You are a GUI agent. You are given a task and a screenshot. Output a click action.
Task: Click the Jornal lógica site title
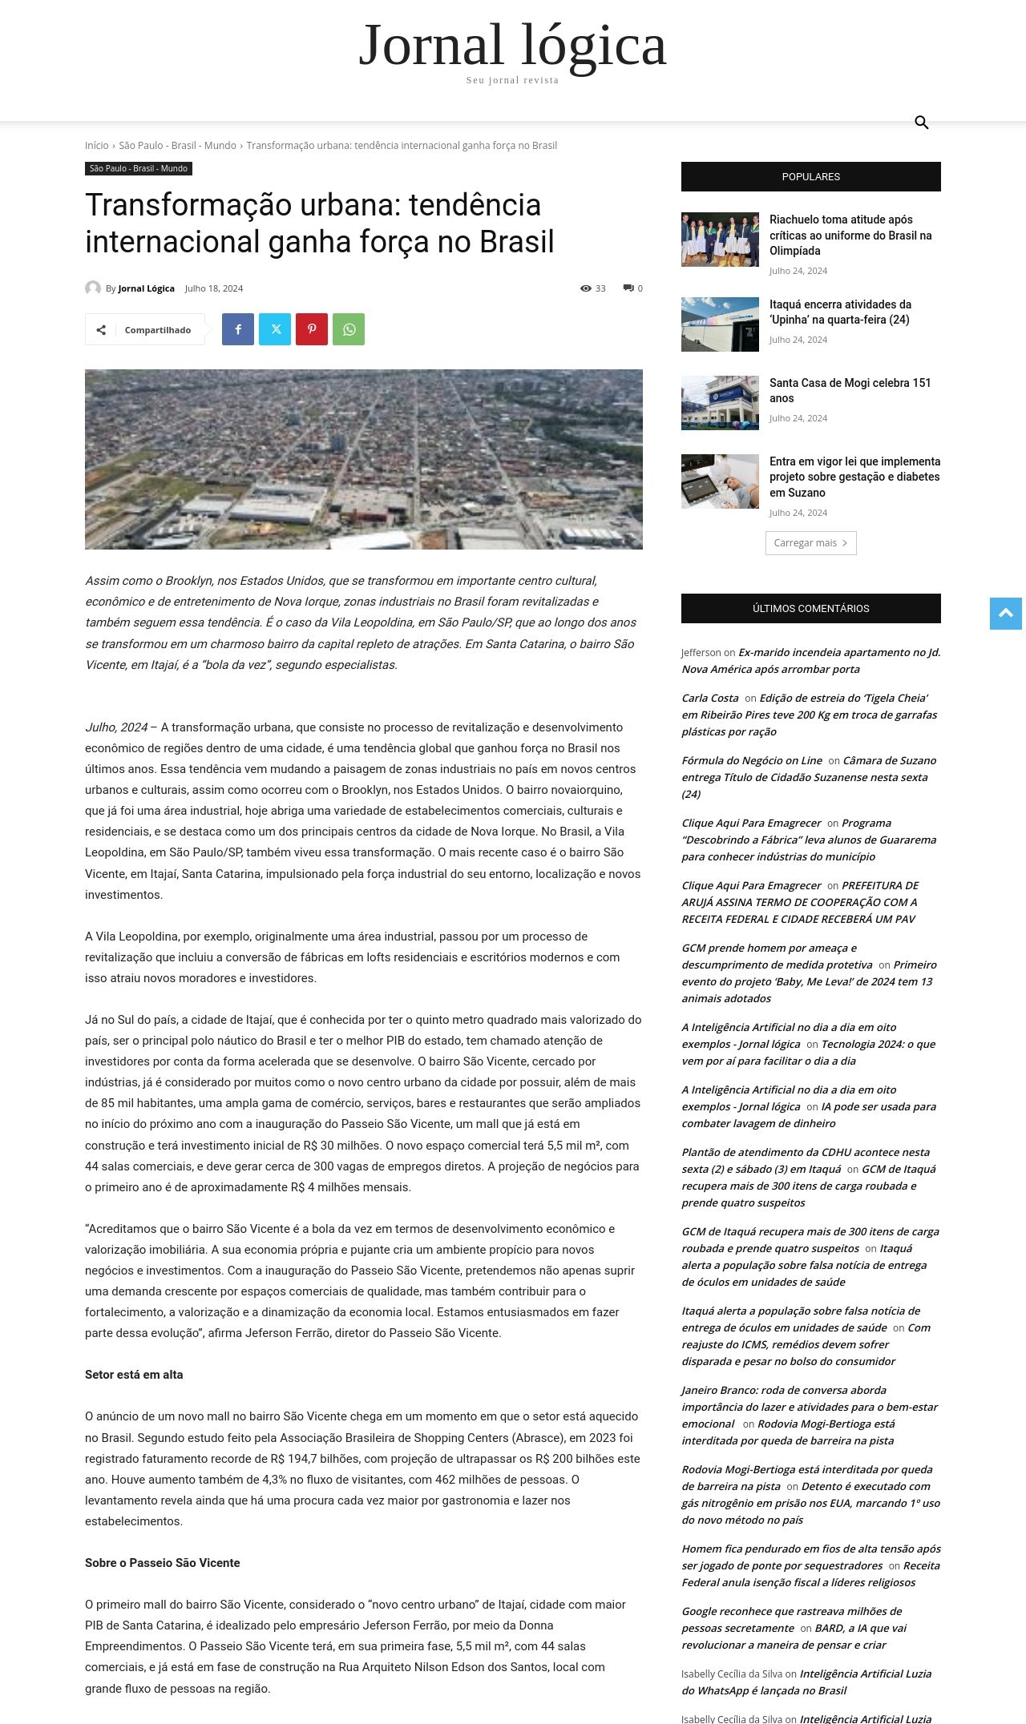click(512, 46)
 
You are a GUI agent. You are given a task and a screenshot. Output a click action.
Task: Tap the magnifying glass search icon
click(921, 123)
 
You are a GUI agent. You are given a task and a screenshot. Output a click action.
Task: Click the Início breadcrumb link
click(96, 145)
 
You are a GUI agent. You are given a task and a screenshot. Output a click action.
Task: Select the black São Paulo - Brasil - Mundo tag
click(139, 168)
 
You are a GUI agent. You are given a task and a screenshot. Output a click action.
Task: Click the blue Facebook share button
click(238, 329)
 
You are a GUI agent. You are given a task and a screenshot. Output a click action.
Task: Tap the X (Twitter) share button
click(275, 329)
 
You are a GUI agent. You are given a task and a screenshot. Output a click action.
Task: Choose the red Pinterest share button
click(312, 329)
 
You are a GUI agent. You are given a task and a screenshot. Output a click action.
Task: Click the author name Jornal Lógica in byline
click(146, 288)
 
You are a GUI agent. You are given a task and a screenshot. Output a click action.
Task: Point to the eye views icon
click(586, 288)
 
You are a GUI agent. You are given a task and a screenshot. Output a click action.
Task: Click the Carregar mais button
click(810, 543)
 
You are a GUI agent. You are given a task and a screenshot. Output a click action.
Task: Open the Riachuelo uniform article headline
click(850, 235)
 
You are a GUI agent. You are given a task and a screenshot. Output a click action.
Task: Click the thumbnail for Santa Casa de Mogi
click(720, 403)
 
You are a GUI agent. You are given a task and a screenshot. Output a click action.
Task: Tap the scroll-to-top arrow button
click(1005, 614)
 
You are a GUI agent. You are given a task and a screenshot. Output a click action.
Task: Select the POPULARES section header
click(810, 176)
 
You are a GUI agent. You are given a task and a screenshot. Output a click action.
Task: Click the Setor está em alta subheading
click(134, 1375)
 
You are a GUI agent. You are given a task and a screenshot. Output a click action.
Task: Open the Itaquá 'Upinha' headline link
click(840, 312)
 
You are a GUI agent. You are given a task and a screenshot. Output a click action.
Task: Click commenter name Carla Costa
click(710, 698)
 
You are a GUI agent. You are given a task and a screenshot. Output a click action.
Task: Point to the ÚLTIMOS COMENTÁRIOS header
click(810, 608)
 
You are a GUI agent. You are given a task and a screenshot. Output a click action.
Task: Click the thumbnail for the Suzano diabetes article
click(720, 481)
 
